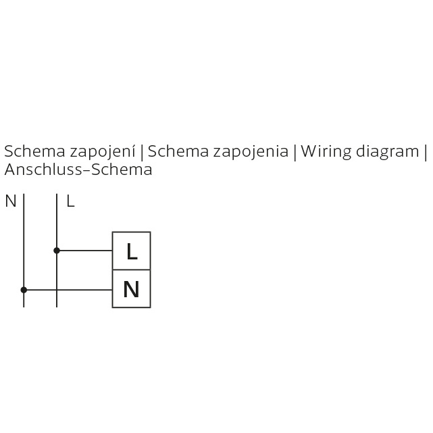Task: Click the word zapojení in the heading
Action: [x=102, y=151]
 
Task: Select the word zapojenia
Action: [x=251, y=151]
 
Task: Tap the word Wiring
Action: [x=326, y=151]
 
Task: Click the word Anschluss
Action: [x=43, y=170]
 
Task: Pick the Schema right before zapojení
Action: [x=35, y=151]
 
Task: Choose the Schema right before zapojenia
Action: [x=178, y=151]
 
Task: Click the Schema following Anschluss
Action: [x=122, y=170]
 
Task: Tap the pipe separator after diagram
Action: [x=426, y=153]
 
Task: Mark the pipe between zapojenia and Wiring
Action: [x=295, y=153]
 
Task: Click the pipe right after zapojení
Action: [x=142, y=153]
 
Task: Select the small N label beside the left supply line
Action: [x=11, y=201]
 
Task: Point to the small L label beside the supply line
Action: [x=70, y=201]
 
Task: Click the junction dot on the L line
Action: [x=57, y=251]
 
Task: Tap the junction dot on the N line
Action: [x=24, y=290]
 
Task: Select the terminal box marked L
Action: [x=132, y=251]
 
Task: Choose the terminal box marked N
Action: [x=132, y=288]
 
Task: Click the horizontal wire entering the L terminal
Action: [x=84, y=251]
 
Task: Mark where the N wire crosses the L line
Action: [x=57, y=290]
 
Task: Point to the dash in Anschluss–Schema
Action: [x=86, y=170]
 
